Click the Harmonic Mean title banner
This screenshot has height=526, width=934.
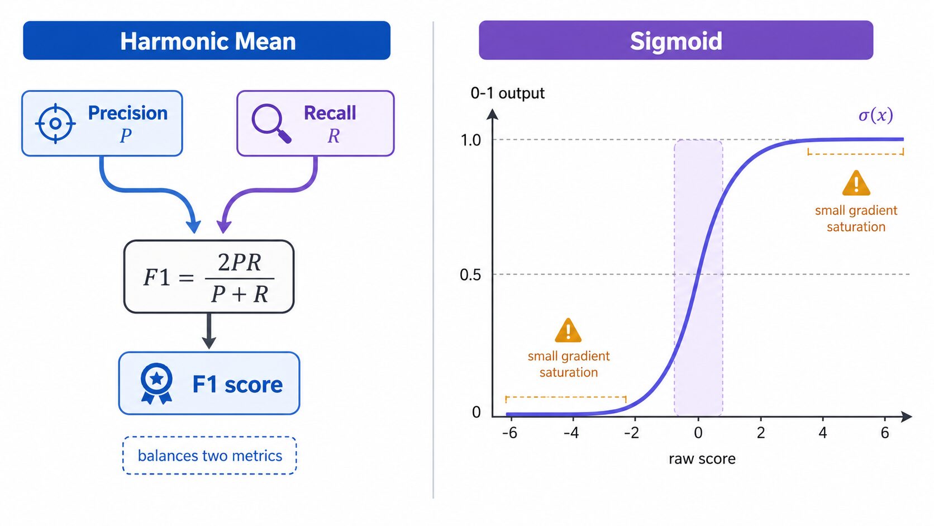pos(207,40)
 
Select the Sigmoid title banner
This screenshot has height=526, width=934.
pos(676,40)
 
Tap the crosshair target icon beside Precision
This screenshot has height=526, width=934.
pos(55,124)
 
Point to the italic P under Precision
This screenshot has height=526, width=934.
pos(126,136)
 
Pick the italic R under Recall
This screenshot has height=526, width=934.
pos(333,136)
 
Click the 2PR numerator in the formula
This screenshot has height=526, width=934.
pos(239,263)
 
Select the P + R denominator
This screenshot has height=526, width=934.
pos(240,294)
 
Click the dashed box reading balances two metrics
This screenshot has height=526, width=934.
pos(209,456)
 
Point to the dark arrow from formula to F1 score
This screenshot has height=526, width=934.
pos(209,331)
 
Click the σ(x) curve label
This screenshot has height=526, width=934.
pos(876,115)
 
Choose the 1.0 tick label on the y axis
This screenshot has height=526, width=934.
pos(471,140)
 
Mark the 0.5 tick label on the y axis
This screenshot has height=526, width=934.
pos(470,275)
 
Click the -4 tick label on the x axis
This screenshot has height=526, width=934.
pos(571,433)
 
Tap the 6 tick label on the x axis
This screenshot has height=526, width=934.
pos(885,433)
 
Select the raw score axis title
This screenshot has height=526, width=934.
pos(702,459)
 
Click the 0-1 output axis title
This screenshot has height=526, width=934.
pos(507,93)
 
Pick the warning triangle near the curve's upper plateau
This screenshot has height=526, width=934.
pos(856,183)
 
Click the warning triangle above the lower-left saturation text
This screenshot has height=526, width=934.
pos(568,330)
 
